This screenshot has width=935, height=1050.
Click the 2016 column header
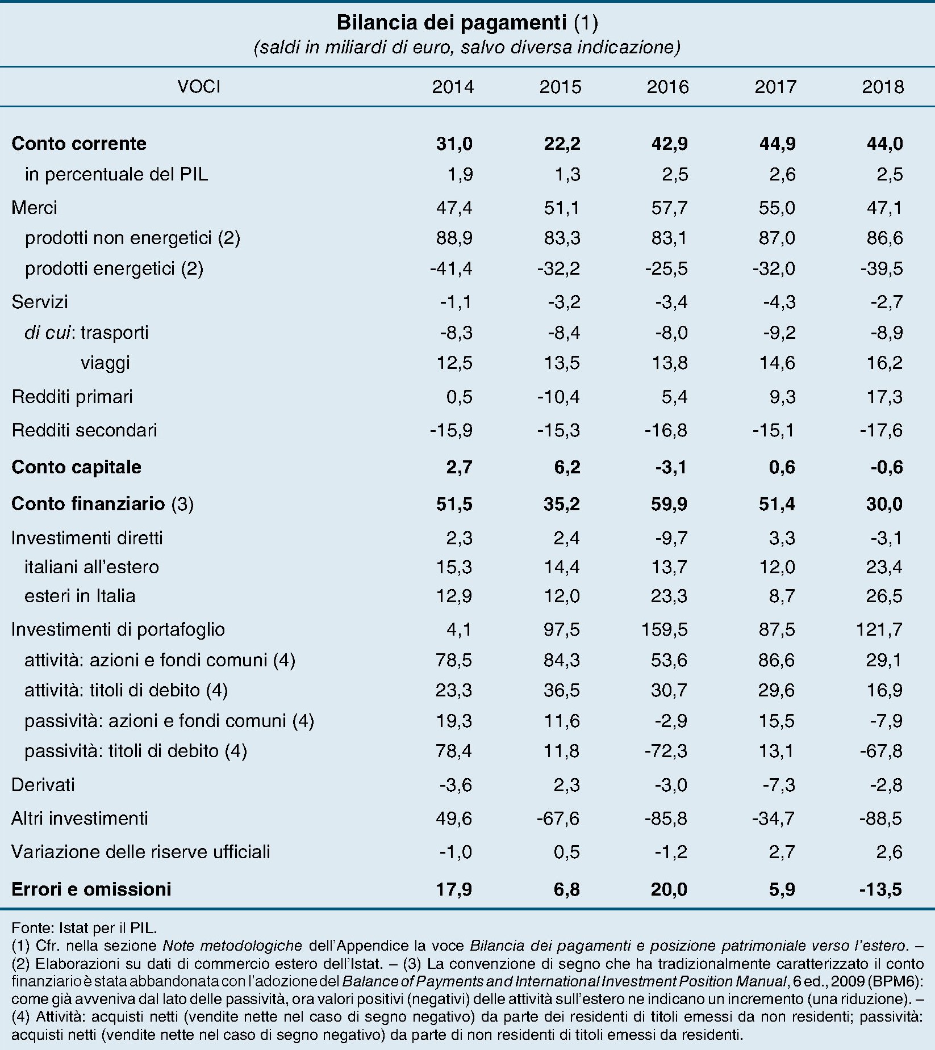tap(667, 87)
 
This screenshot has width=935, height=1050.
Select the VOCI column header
tap(199, 87)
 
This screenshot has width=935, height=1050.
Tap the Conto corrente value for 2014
tap(454, 143)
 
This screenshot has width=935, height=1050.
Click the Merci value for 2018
tap(884, 208)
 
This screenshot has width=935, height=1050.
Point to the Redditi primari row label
tap(72, 396)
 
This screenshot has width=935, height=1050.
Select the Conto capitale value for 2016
tap(671, 467)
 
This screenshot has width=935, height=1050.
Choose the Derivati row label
tap(43, 785)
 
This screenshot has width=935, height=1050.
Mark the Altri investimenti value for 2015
tap(558, 818)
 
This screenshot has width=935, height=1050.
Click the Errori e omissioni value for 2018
tap(880, 889)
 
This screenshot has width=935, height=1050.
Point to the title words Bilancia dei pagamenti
tap(452, 23)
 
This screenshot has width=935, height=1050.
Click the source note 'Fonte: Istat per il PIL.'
tap(84, 928)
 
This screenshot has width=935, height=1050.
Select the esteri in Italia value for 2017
tap(782, 596)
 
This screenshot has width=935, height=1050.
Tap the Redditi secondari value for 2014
tap(451, 430)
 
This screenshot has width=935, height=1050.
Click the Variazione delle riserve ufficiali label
tap(141, 852)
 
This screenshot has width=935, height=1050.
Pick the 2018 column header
tap(883, 87)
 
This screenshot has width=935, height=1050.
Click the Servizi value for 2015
tap(564, 302)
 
